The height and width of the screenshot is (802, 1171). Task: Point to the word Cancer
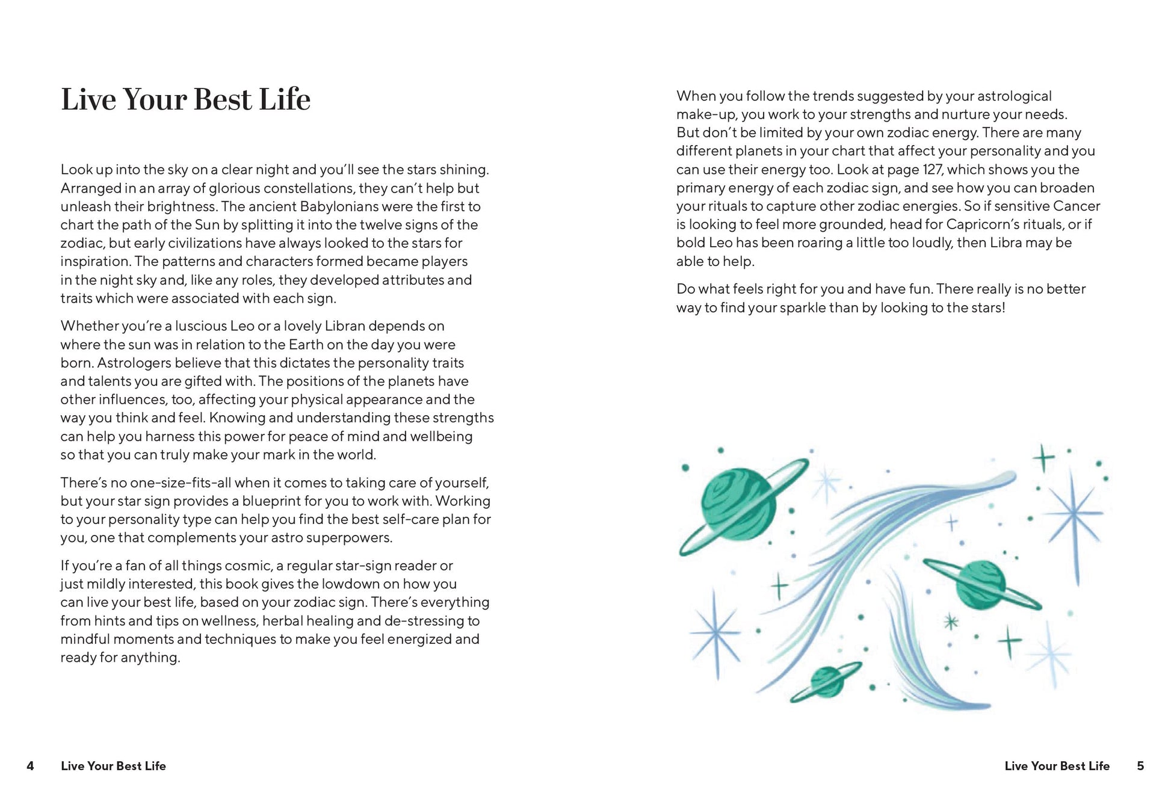coord(1077,206)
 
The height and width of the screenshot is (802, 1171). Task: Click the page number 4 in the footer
coord(30,766)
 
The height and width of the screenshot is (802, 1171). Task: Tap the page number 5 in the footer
coord(1140,766)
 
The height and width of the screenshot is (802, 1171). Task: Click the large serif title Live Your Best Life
coord(185,99)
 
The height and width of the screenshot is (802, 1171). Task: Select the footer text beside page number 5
coord(1057,766)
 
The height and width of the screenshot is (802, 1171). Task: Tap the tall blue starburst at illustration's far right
coord(1074,514)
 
